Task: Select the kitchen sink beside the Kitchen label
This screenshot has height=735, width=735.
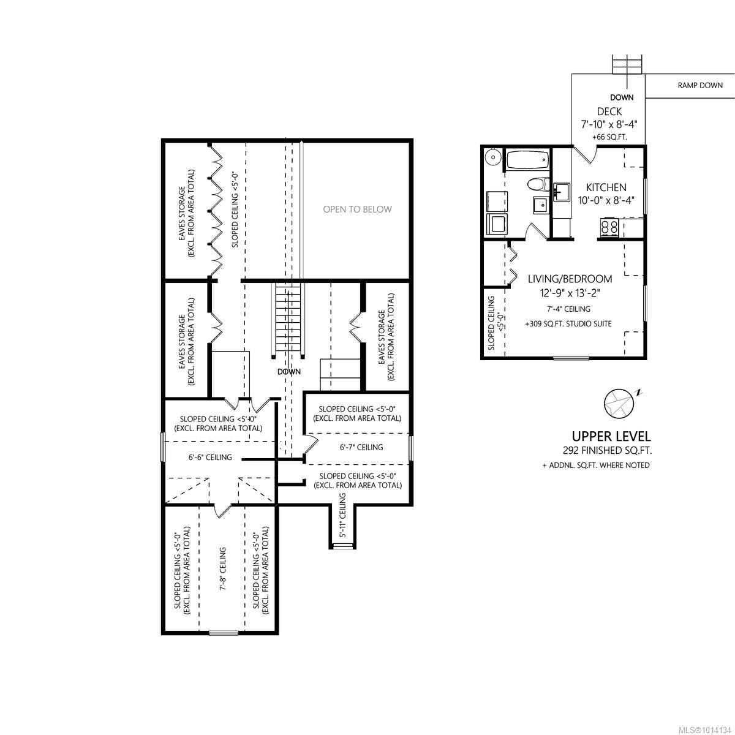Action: click(560, 191)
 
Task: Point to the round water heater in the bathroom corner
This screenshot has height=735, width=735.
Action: click(492, 157)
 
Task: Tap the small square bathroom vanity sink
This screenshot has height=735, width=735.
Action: click(540, 205)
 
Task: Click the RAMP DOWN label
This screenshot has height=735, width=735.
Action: click(699, 85)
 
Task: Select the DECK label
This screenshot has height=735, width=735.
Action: click(609, 111)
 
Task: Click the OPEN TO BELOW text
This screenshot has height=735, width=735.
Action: click(357, 209)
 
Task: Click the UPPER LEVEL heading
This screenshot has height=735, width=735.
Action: click(611, 437)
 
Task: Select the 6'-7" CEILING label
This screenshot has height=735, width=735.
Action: click(361, 447)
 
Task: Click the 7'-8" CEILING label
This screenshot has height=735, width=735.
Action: click(222, 568)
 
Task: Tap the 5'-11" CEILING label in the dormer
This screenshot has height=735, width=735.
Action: click(343, 521)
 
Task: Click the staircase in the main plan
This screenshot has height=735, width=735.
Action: click(288, 318)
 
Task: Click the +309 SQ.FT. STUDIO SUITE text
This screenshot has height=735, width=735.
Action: click(568, 323)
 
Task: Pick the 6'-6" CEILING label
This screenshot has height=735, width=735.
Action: click(209, 458)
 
